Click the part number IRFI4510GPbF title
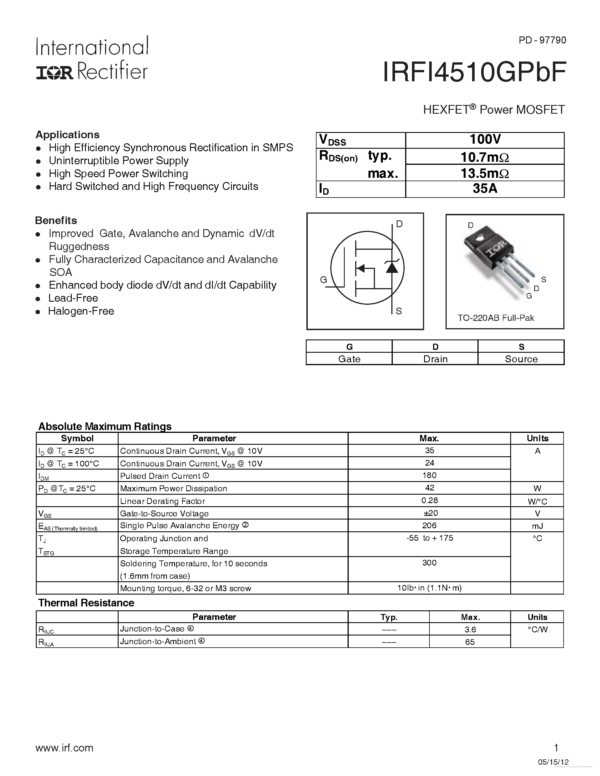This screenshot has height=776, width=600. [474, 73]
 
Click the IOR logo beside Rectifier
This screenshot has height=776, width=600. [54, 73]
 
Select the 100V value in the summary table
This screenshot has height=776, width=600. [485, 140]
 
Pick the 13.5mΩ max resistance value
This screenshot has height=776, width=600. [485, 173]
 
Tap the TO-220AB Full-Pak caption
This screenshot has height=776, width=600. [496, 318]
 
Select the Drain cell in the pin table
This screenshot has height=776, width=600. [435, 359]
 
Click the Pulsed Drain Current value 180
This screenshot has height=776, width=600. [429, 475]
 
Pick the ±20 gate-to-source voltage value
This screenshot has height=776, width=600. [429, 513]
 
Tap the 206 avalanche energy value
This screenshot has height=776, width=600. [429, 525]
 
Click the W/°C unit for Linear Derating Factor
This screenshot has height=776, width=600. [537, 501]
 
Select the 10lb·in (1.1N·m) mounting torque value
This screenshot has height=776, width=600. [429, 588]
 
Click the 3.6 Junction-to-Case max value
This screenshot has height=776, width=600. [470, 630]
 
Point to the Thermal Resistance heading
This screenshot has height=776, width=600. [86, 603]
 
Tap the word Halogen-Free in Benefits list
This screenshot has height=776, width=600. [81, 311]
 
